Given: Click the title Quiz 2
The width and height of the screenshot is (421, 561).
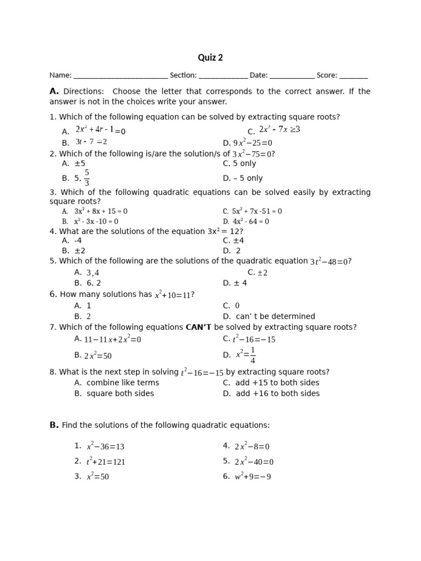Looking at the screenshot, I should (x=210, y=58).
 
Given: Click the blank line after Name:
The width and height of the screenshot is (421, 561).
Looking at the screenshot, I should (x=121, y=77).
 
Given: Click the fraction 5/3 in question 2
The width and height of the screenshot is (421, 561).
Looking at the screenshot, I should (x=87, y=178).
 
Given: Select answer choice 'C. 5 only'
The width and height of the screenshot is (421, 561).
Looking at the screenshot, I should (x=240, y=163).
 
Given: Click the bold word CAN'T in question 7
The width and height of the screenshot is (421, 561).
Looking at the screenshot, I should (x=199, y=327).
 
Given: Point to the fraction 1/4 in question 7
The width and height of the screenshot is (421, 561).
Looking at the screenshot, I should (x=252, y=355).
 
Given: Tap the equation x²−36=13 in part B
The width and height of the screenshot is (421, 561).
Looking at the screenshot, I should (x=105, y=446).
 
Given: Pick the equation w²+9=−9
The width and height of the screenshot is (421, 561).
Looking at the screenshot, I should (x=253, y=477).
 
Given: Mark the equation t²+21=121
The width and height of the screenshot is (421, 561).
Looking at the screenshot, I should (x=106, y=461).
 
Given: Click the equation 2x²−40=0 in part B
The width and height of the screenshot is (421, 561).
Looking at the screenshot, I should (x=254, y=461).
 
